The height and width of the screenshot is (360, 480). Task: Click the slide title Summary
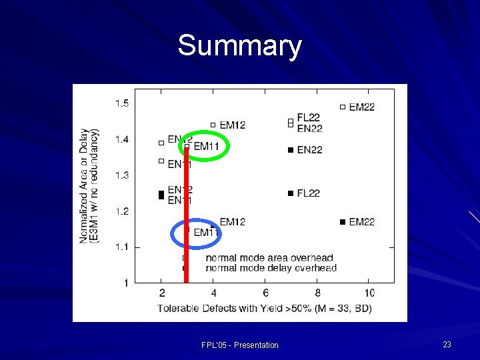pyautogui.click(x=239, y=46)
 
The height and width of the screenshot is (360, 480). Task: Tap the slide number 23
pyautogui.click(x=447, y=344)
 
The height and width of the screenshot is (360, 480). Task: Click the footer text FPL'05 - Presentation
pyautogui.click(x=239, y=345)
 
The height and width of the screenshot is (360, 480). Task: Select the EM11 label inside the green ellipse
pyautogui.click(x=206, y=146)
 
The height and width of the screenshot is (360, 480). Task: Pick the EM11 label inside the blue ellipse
pyautogui.click(x=206, y=233)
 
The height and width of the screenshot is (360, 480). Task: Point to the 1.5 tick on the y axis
pyautogui.click(x=122, y=103)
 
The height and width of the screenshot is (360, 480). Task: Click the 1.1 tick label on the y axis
pyautogui.click(x=122, y=247)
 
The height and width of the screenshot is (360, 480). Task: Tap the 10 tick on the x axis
pyautogui.click(x=369, y=293)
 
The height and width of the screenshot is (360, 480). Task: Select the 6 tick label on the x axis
pyautogui.click(x=265, y=293)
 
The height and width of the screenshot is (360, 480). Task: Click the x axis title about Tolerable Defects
pyautogui.click(x=265, y=308)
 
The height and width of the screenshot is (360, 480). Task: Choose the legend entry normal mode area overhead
pyautogui.click(x=269, y=258)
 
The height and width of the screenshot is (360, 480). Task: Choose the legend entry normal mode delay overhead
pyautogui.click(x=271, y=268)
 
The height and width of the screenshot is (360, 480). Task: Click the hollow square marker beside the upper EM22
pyautogui.click(x=343, y=107)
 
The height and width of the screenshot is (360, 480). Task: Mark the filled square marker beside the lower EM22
pyautogui.click(x=343, y=222)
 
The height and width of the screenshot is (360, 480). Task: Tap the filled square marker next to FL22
pyautogui.click(x=291, y=193)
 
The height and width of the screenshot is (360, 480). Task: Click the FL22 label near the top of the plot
pyautogui.click(x=309, y=118)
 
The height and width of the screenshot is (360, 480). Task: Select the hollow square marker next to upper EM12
pyautogui.click(x=213, y=125)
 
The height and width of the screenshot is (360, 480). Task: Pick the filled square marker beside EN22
pyautogui.click(x=291, y=150)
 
